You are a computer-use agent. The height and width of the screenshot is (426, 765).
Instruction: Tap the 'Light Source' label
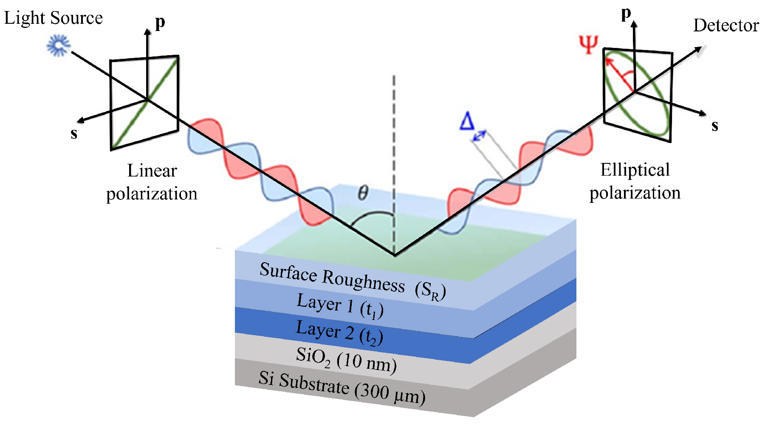click(x=54, y=18)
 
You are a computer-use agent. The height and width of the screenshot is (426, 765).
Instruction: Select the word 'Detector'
click(x=726, y=26)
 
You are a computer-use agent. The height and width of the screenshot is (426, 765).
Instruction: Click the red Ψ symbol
click(x=589, y=44)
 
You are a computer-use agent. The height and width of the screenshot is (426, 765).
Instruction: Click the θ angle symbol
click(x=363, y=193)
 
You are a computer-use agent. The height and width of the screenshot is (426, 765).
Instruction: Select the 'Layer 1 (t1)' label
click(x=340, y=305)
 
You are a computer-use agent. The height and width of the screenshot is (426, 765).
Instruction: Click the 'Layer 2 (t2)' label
click(x=339, y=332)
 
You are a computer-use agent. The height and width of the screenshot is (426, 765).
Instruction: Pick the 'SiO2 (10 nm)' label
click(x=346, y=360)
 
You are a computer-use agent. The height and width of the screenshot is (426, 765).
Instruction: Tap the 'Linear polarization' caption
click(x=152, y=182)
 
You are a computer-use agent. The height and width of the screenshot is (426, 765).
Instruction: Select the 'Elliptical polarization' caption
click(x=635, y=181)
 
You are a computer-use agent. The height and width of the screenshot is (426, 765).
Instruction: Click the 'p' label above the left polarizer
click(x=160, y=22)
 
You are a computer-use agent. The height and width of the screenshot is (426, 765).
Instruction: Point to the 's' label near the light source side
click(x=74, y=133)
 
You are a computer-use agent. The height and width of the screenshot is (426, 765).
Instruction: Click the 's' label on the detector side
click(x=715, y=126)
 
